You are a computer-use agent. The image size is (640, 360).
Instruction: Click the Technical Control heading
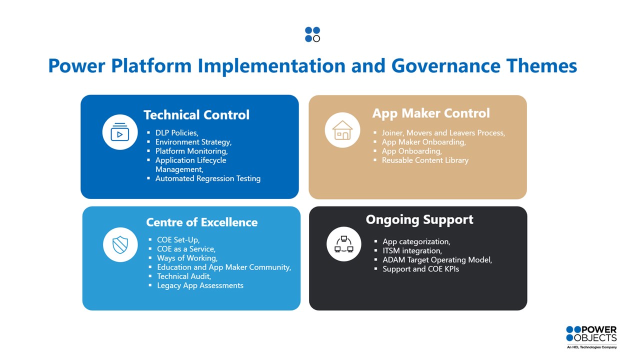(196, 115)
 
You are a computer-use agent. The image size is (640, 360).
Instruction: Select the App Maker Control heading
(431, 113)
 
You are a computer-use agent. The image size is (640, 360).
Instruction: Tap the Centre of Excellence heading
(201, 222)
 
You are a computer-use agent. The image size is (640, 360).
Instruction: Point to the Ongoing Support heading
(419, 219)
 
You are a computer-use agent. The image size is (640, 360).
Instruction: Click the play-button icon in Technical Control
(119, 132)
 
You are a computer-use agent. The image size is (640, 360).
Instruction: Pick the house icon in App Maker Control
(342, 130)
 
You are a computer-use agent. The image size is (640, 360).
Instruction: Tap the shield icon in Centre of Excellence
(120, 245)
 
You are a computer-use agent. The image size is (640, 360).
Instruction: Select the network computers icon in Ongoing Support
(343, 244)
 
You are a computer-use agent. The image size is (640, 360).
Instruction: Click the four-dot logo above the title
(312, 34)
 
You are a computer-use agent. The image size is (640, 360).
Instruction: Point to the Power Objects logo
(591, 337)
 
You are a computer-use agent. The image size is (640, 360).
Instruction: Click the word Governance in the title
(445, 65)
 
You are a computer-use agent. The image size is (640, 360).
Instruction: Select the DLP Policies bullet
(176, 133)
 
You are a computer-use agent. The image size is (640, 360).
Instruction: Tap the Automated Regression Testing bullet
(207, 178)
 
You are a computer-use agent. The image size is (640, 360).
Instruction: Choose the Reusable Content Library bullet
(425, 160)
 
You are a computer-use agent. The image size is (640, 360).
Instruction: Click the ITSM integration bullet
(412, 251)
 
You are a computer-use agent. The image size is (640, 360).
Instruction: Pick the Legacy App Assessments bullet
(200, 285)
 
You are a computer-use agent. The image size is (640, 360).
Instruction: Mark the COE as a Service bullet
(186, 249)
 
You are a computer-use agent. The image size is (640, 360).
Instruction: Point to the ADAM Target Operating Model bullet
(437, 260)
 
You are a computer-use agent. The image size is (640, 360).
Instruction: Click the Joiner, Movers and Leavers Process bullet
(443, 133)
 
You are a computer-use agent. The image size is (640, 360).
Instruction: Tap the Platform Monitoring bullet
(191, 151)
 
